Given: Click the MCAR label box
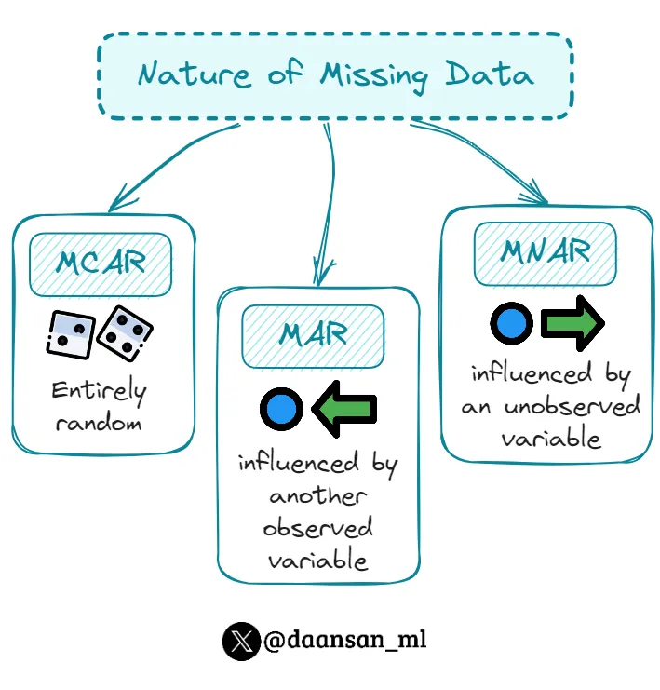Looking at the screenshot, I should pos(101,264).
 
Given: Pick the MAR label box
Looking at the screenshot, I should pos(314,333).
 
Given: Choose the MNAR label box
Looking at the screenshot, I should pos(545,252).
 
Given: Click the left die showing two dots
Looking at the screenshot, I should pos(70,334).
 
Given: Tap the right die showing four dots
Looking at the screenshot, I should pos(125,332).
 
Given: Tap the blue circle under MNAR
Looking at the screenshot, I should pos(511,324).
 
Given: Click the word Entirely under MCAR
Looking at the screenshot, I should pos(99,391).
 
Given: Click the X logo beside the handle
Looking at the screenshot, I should pos(241,642).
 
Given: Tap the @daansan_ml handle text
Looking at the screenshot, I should pos(345,641).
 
